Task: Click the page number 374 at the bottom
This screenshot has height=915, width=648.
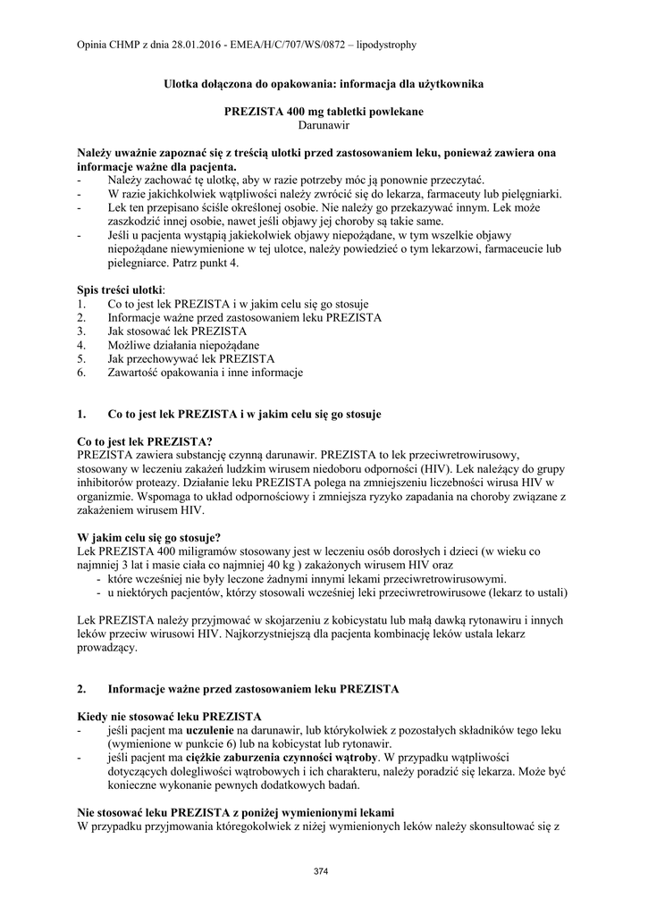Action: pos(323,871)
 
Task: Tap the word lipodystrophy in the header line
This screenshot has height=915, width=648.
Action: pos(387,44)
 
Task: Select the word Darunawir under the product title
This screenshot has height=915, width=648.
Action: pos(324,126)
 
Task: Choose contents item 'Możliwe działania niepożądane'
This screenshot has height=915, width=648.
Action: pos(183,345)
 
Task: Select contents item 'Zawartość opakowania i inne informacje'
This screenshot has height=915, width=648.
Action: pos(205,372)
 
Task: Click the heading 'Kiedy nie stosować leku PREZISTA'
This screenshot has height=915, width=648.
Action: pos(170,717)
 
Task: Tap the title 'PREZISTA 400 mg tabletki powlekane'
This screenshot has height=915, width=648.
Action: pos(323,113)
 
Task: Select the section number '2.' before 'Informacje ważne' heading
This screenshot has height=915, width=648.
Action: pos(83,689)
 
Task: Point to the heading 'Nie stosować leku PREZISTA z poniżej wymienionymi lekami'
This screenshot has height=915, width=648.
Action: pos(236,812)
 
